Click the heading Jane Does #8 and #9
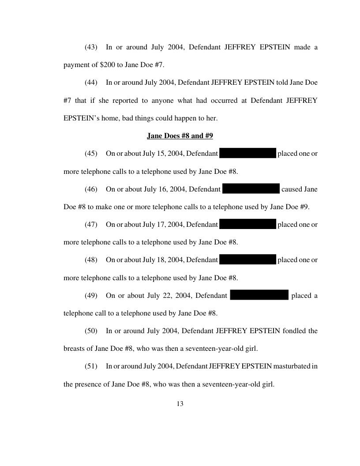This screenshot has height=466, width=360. click(x=180, y=136)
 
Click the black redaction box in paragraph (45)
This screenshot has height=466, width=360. click(x=247, y=154)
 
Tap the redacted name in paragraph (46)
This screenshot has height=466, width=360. click(x=251, y=189)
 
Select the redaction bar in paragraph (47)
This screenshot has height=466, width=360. click(x=247, y=224)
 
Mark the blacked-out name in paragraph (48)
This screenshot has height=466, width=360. click(x=247, y=259)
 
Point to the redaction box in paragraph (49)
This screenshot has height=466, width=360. click(x=259, y=295)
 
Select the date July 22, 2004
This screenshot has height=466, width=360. click(x=167, y=295)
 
